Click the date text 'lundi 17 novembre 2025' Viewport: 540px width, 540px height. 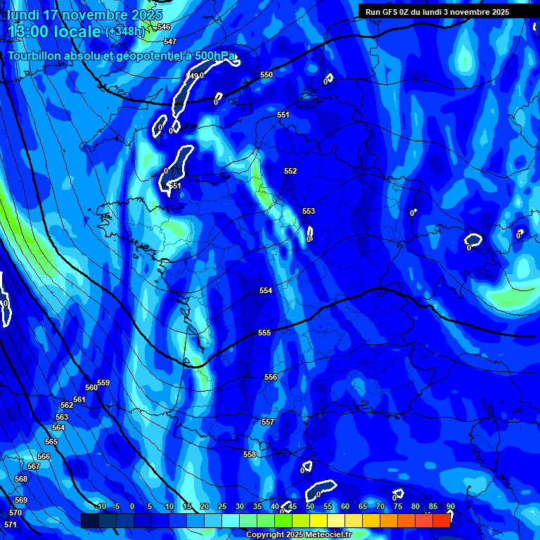(84, 14)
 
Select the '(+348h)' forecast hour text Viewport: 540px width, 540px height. (125, 32)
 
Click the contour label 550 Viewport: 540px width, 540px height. (266, 75)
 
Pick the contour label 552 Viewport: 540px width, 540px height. (290, 171)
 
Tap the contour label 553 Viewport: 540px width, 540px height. (309, 211)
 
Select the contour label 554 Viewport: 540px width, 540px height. (266, 290)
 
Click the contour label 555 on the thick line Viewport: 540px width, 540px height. (264, 333)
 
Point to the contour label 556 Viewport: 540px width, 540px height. (271, 377)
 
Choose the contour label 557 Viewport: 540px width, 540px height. (267, 422)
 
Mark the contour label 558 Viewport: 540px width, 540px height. (250, 454)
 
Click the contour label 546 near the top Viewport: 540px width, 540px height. (164, 27)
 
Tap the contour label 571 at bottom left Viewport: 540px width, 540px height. (11, 525)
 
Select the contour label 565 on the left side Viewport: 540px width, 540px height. (51, 442)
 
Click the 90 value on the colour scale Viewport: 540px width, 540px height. (450, 506)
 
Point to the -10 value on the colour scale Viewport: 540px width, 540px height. (101, 506)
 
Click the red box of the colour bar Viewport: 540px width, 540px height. (442, 520)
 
